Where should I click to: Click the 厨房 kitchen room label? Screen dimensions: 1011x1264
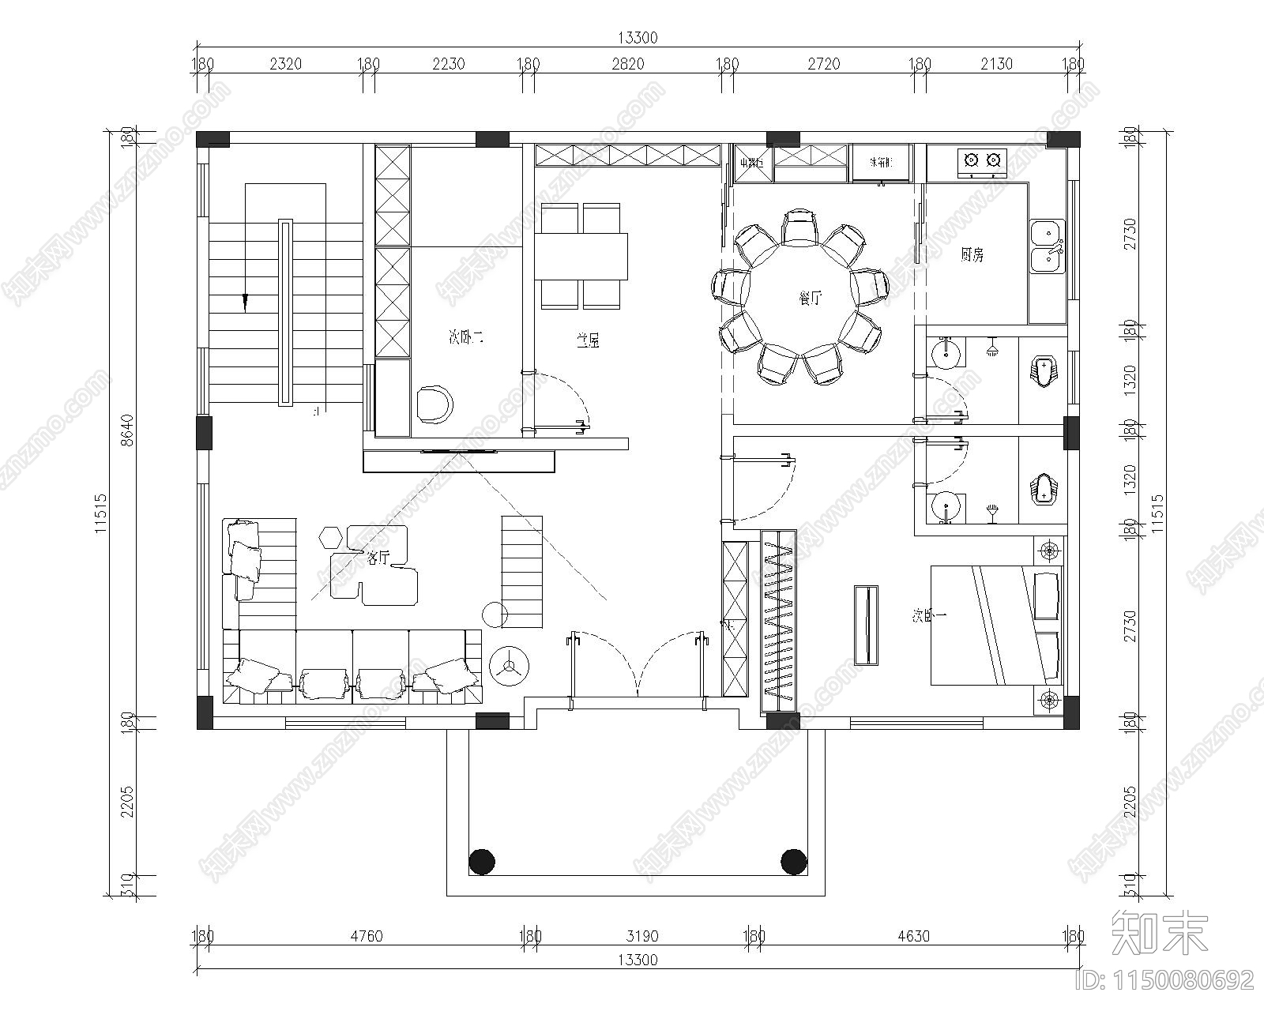972,255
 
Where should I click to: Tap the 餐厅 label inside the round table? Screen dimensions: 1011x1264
811,299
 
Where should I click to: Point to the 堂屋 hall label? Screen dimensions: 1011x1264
587,341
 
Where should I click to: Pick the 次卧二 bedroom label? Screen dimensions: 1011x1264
465,338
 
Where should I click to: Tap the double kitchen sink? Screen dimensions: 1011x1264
1047,246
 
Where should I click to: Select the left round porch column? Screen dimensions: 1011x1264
481,861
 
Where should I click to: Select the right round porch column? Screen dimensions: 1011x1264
793,861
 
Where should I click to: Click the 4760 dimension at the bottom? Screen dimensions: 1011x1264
366,937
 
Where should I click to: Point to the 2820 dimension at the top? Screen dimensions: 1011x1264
628,65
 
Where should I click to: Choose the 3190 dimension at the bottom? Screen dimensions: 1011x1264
642,937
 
